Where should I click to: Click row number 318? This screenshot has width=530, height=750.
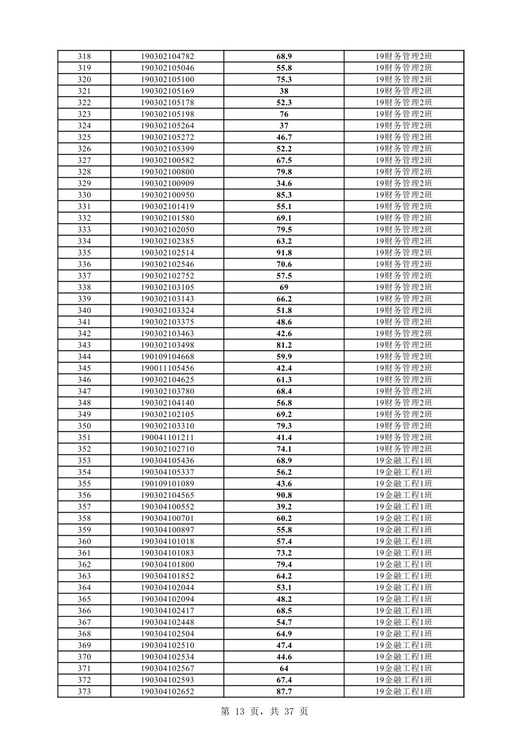tap(84, 56)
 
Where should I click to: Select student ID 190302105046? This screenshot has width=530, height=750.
tap(167, 68)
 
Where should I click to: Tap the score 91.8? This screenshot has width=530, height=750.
tap(284, 253)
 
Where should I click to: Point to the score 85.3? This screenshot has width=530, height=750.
tap(284, 195)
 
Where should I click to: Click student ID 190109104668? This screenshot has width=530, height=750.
tap(167, 357)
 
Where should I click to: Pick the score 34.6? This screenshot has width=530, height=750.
tap(284, 183)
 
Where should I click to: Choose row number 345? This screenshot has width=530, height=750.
tap(84, 368)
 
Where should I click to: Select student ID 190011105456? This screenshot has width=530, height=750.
tap(167, 368)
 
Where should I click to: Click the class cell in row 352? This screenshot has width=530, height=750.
tap(404, 449)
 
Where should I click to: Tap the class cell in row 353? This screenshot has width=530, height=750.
tap(404, 461)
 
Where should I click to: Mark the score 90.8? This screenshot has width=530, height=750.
tap(284, 495)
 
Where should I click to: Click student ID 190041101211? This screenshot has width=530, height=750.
tap(167, 438)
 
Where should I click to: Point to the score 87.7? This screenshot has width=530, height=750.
tap(284, 692)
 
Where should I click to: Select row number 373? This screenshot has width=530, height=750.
tap(84, 692)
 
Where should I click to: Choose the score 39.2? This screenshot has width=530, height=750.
tap(284, 507)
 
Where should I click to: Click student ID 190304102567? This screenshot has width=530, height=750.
tap(167, 669)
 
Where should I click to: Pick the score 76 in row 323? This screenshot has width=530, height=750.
tap(284, 114)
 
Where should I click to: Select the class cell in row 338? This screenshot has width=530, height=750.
tap(404, 287)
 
